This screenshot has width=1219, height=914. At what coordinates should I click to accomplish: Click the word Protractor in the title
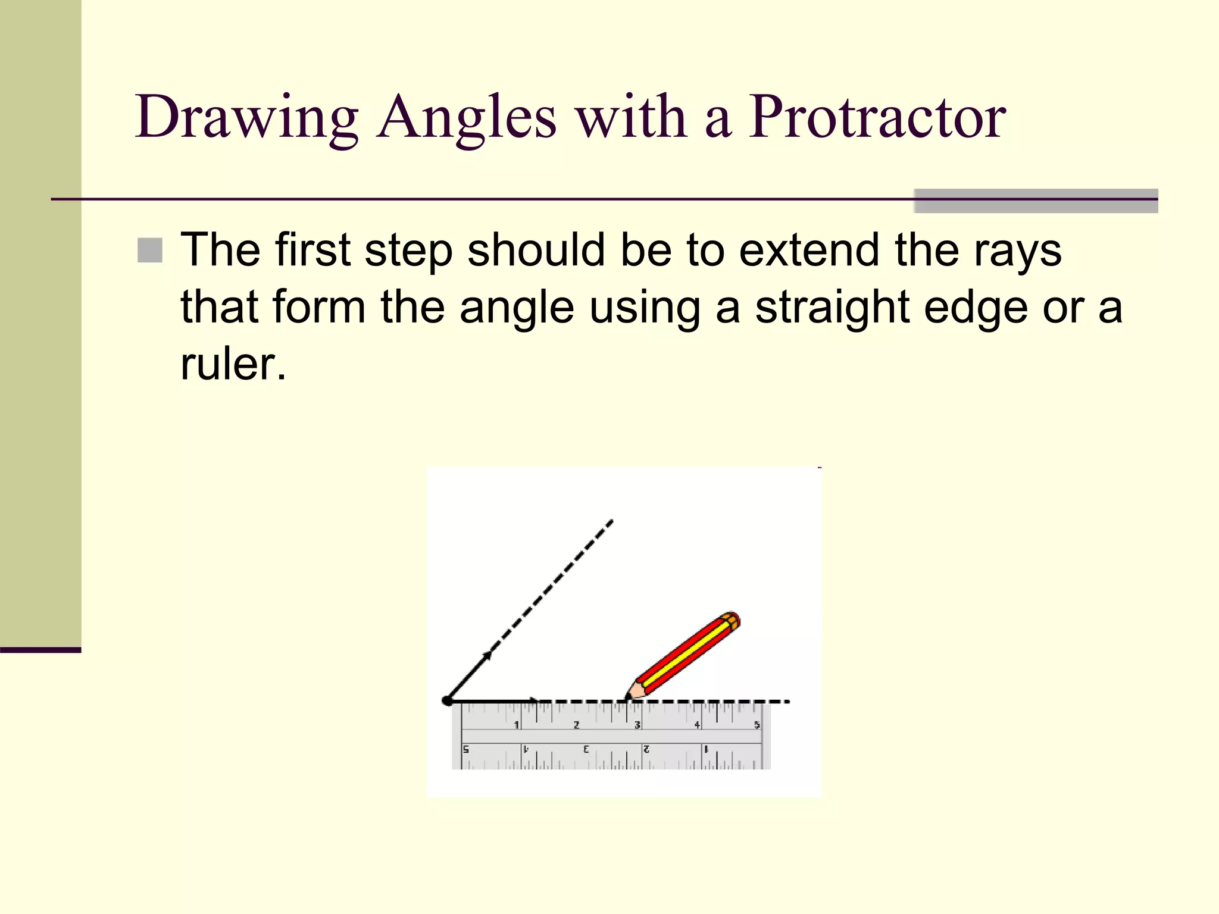(876, 117)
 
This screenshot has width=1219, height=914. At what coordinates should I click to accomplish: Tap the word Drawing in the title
(246, 117)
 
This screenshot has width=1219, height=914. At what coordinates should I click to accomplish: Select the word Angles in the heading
(466, 117)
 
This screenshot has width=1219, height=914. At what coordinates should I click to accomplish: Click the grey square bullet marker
(150, 251)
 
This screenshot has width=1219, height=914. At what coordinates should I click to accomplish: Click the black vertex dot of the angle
(447, 701)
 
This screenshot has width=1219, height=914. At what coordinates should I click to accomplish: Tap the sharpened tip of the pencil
(627, 697)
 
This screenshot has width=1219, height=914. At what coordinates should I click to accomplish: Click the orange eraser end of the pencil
(732, 619)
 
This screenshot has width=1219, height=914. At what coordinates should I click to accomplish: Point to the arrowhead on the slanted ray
(487, 656)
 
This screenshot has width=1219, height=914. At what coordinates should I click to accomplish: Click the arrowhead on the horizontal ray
(535, 701)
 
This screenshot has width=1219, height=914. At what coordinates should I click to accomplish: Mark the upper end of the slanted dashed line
(611, 522)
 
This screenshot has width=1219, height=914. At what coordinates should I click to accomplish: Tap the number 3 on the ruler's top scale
(637, 725)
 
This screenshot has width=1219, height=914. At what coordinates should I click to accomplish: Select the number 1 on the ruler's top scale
(517, 725)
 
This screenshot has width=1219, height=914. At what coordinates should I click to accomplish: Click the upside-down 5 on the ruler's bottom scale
(466, 749)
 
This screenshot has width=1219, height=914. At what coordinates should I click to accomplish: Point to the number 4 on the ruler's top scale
(697, 725)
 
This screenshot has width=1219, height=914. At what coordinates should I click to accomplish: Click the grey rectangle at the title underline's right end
(1036, 201)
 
